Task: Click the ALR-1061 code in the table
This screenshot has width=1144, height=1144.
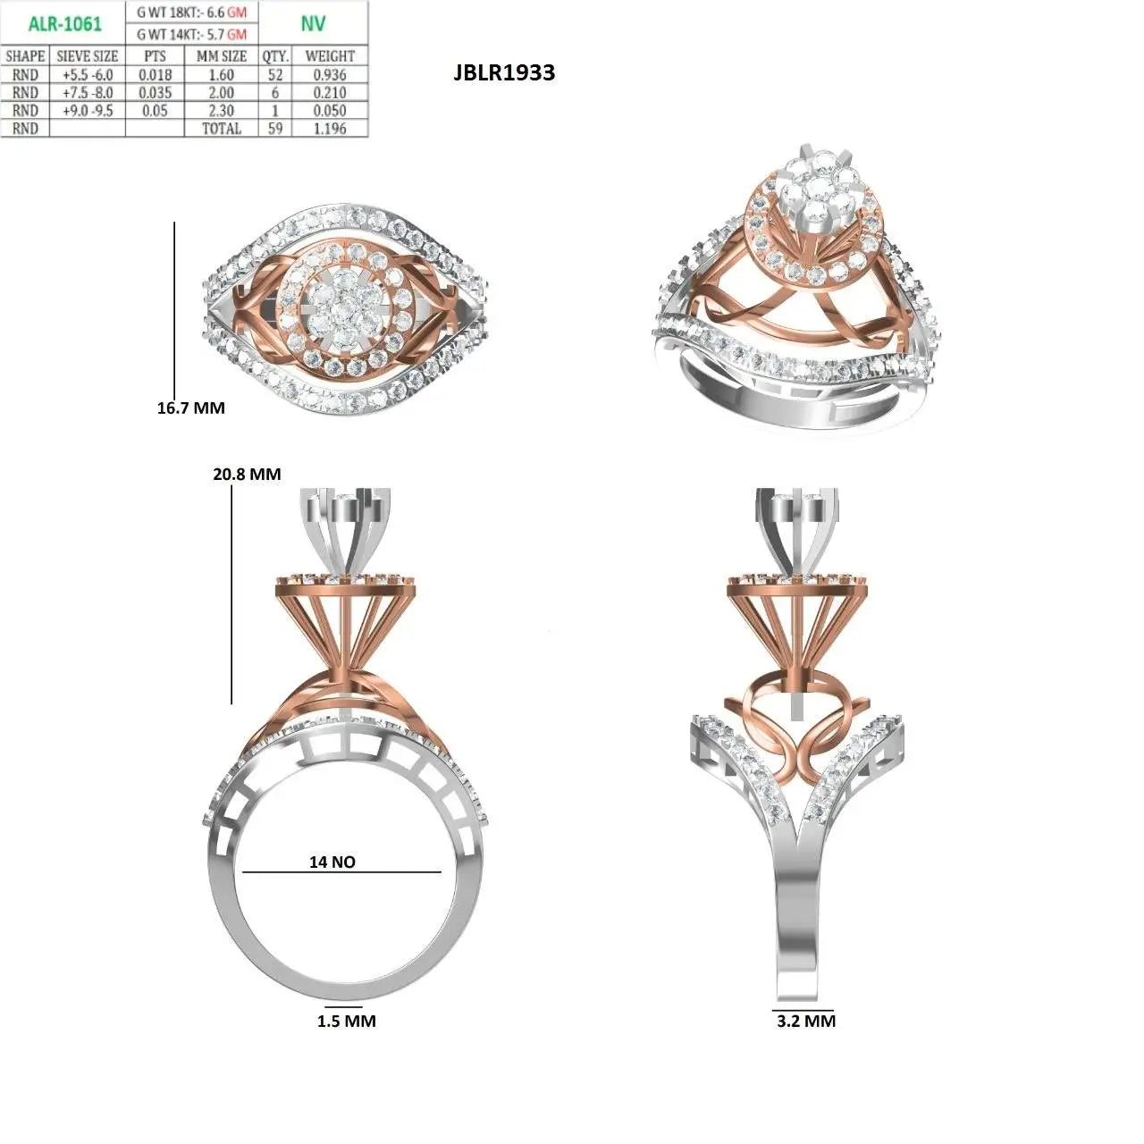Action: tap(65, 24)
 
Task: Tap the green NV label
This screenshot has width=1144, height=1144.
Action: tap(313, 23)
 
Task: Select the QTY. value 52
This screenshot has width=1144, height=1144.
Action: tap(275, 75)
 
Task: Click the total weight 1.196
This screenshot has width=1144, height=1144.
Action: tap(330, 128)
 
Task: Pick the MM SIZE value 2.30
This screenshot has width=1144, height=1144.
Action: tap(221, 111)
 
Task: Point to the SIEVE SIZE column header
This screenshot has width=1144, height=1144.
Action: tap(88, 56)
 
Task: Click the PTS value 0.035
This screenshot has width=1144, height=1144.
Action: tap(155, 93)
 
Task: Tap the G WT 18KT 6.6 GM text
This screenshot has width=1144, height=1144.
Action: tap(192, 13)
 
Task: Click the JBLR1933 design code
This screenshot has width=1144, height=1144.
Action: tap(504, 72)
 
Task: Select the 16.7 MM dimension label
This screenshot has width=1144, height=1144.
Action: tap(190, 408)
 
